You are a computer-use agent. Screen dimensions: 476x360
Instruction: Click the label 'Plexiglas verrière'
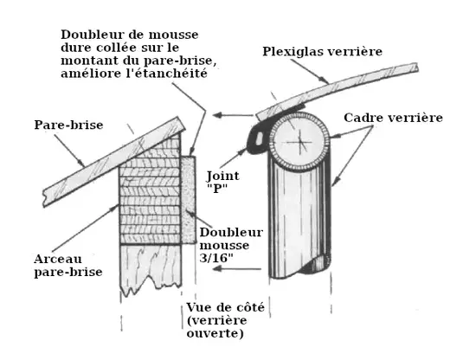click(x=322, y=52)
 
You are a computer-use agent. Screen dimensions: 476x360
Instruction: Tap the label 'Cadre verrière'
click(x=393, y=118)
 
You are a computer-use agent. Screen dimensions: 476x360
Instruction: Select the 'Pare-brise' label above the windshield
click(x=68, y=125)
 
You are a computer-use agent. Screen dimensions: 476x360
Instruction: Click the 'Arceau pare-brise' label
click(x=68, y=266)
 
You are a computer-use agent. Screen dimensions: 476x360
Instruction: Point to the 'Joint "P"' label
click(x=222, y=182)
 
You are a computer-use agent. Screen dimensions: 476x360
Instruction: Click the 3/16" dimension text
click(x=216, y=258)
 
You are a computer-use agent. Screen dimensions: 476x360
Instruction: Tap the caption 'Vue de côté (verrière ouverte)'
click(x=225, y=320)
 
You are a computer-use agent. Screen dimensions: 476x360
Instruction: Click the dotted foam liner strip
click(x=188, y=200)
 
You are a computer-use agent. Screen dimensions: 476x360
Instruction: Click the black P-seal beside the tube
click(x=257, y=140)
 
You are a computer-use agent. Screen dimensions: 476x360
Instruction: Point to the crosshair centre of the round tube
click(x=300, y=142)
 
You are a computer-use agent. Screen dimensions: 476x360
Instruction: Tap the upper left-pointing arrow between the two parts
click(x=233, y=115)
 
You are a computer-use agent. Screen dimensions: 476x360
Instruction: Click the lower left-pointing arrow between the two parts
click(x=237, y=268)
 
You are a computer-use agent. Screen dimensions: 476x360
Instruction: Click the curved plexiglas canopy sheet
click(x=337, y=89)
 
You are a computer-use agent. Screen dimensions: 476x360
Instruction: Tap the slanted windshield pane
click(x=114, y=162)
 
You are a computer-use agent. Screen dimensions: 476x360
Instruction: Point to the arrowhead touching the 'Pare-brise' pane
click(x=82, y=164)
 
